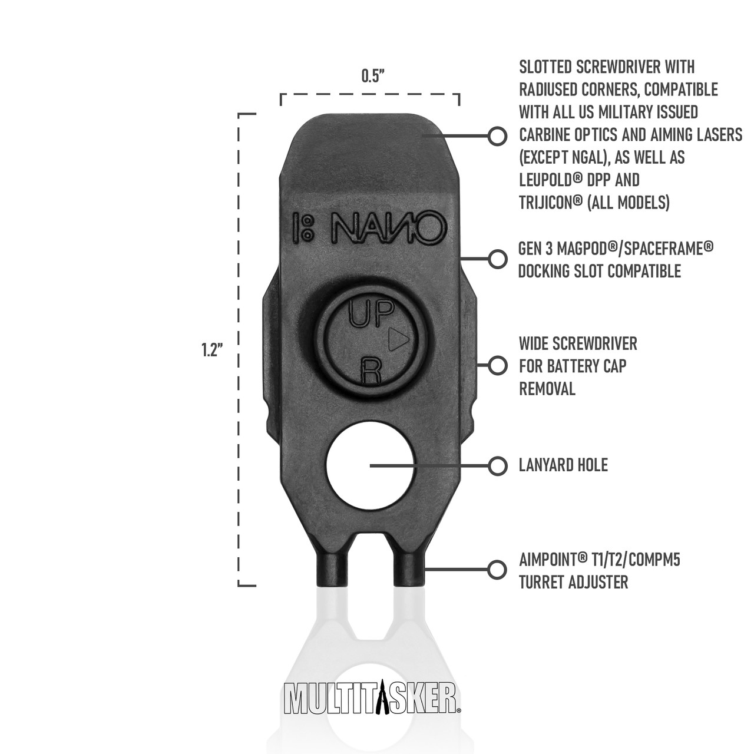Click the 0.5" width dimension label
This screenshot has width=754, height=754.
click(x=371, y=77)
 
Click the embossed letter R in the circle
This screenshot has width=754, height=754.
click(x=370, y=371)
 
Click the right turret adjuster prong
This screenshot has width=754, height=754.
click(x=408, y=573)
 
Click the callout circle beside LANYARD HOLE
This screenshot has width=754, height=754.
click(x=497, y=466)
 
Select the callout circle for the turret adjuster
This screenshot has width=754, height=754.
click(x=497, y=569)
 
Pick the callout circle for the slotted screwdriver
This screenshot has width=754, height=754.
click(x=497, y=136)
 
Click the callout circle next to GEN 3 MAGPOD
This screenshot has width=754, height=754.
click(x=497, y=259)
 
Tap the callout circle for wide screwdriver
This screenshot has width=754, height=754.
click(x=497, y=365)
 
